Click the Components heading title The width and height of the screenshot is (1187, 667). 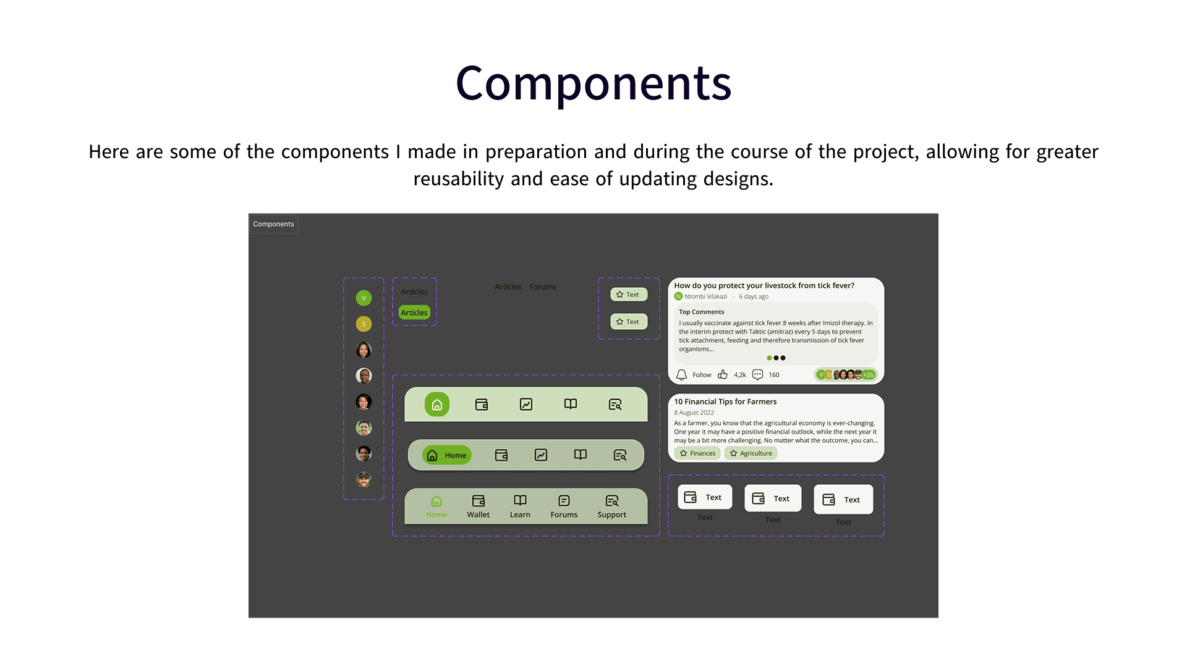(x=593, y=83)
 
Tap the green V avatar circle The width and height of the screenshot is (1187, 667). (x=364, y=298)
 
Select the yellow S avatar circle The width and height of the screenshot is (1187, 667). (x=364, y=324)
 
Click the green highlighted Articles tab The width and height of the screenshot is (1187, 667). (x=414, y=313)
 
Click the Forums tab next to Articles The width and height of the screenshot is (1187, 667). (x=543, y=287)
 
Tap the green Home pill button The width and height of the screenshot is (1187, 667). (x=447, y=455)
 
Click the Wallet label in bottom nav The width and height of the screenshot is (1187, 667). (x=478, y=514)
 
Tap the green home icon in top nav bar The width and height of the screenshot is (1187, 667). (x=437, y=405)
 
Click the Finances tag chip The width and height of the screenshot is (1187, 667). (x=697, y=453)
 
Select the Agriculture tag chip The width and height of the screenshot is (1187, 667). (x=751, y=453)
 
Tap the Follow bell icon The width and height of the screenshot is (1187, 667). (x=681, y=375)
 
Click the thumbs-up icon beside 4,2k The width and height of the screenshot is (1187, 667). (x=723, y=375)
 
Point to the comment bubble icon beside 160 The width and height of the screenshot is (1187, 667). (x=757, y=375)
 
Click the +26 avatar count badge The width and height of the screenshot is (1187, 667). (x=869, y=375)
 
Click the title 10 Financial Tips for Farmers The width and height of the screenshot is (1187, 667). (x=725, y=401)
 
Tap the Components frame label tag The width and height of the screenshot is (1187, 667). (x=273, y=224)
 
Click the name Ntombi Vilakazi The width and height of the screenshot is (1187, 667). (x=705, y=296)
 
